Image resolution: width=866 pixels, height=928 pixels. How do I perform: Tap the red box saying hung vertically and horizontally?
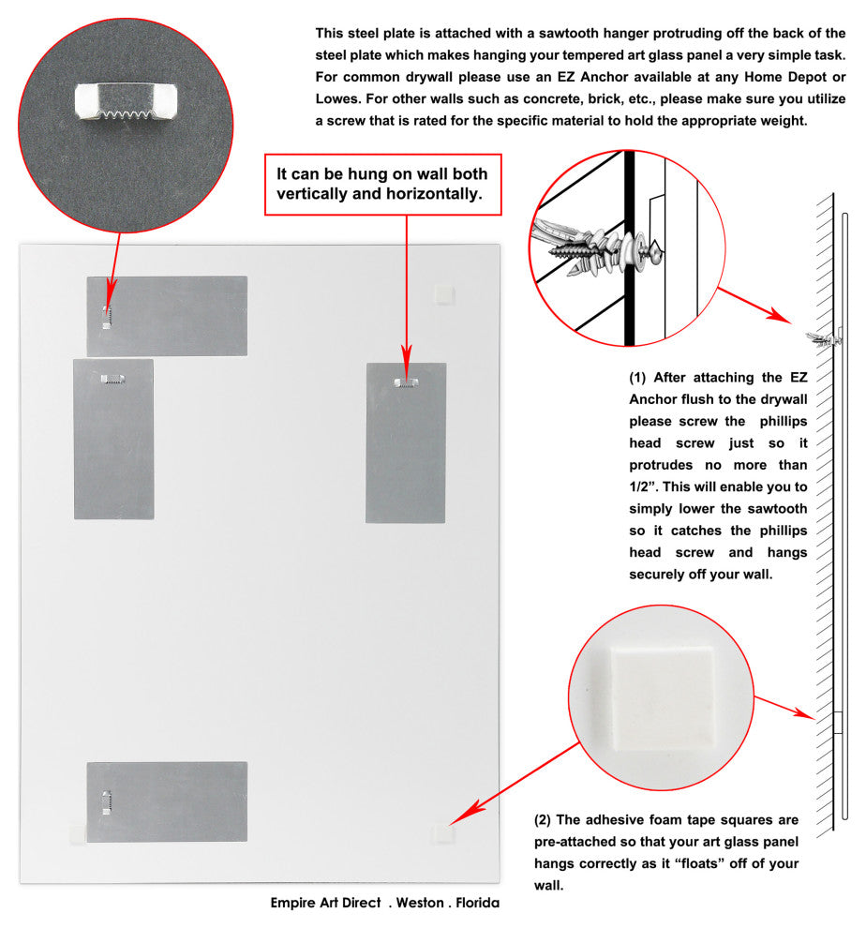click(381, 185)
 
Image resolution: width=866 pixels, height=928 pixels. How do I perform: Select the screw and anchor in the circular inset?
click(601, 247)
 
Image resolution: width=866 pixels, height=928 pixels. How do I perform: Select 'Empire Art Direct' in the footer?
click(325, 904)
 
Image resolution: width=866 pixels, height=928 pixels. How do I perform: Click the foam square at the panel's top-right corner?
click(442, 294)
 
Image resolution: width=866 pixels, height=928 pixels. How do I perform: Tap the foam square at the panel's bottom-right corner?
click(440, 833)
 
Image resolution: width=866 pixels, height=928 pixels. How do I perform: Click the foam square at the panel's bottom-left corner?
click(77, 832)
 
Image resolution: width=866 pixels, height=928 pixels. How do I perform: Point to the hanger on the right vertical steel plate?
click(406, 381)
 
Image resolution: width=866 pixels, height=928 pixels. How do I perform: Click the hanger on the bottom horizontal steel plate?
click(106, 801)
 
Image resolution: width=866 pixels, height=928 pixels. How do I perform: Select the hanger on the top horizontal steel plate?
click(106, 316)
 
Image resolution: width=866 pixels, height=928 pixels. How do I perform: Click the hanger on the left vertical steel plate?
click(113, 380)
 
